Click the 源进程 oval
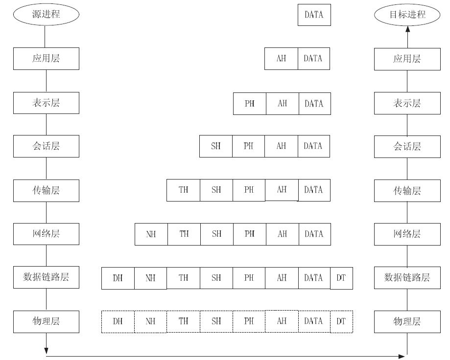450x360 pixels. coord(46,14)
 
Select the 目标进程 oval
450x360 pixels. coord(407,14)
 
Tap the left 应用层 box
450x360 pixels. coord(46,59)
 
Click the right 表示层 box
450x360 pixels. coord(407,103)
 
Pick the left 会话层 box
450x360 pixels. coord(46,146)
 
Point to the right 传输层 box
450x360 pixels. coord(407,191)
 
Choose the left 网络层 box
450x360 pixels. coord(46,234)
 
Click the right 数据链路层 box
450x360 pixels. coord(407,278)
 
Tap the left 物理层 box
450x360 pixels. coord(46,321)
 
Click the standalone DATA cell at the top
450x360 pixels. coord(314,15)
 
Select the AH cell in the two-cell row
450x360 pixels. coord(281,59)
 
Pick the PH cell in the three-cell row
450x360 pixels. coord(250,104)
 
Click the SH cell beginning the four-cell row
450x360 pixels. coord(216,146)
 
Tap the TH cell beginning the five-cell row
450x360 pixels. coord(184,190)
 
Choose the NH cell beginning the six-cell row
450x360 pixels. coord(151,234)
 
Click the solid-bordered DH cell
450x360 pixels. coord(118,278)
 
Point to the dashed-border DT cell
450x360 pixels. coord(341,321)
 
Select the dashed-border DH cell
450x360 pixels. coord(118,321)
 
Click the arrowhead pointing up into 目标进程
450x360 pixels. coord(407,29)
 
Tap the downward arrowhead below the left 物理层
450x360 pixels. coord(46,351)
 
